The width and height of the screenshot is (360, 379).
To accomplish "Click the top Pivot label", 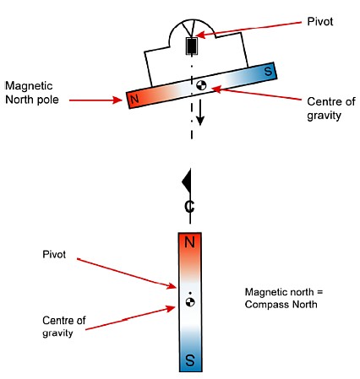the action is (x=320, y=22).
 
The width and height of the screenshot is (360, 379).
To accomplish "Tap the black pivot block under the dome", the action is (x=192, y=46).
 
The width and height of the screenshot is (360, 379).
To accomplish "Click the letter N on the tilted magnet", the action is (x=134, y=99).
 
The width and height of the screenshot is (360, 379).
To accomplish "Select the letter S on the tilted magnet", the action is (x=268, y=71).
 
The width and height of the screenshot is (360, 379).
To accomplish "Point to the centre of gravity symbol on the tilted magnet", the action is (x=201, y=85).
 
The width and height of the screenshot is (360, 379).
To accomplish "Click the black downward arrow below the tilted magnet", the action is (x=200, y=112).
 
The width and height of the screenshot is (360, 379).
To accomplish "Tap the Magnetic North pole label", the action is (x=32, y=93).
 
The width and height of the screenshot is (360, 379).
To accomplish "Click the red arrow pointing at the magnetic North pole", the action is (x=95, y=100).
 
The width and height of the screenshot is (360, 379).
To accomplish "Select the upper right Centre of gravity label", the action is (x=331, y=109).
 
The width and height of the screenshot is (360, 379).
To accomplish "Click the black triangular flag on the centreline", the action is (x=187, y=181).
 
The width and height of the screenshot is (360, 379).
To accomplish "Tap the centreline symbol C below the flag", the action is (x=189, y=207).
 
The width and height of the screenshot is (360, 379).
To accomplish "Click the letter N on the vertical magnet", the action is (x=189, y=242).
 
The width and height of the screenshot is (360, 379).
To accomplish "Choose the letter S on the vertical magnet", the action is (x=190, y=360).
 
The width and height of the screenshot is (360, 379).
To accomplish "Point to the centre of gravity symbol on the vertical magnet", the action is (x=190, y=302).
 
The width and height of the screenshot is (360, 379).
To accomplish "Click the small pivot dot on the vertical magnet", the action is (x=190, y=293).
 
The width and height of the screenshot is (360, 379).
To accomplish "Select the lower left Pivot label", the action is (x=54, y=254).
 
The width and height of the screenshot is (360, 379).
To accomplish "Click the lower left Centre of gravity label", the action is (x=64, y=327).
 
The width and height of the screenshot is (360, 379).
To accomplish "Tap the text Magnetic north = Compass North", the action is (x=284, y=298).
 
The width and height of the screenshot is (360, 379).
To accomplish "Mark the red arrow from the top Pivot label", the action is (x=248, y=29).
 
